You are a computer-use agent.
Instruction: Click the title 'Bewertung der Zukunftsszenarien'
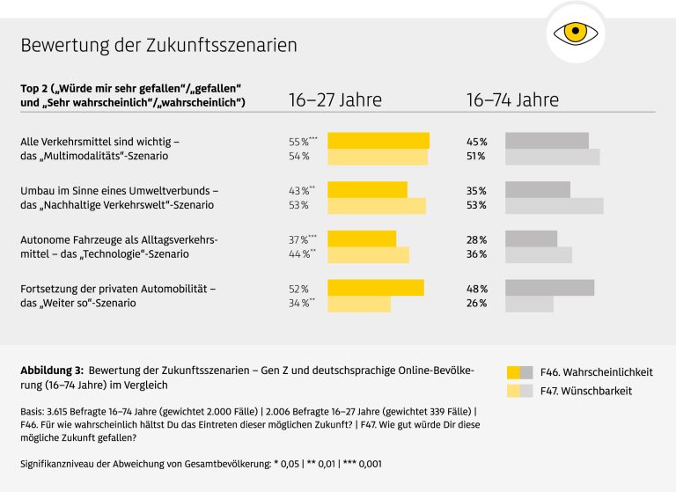(x=158, y=45)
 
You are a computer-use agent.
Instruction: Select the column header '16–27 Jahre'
(x=335, y=99)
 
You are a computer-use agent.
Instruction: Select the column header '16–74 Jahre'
(x=512, y=99)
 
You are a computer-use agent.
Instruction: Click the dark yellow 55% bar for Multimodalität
(x=378, y=141)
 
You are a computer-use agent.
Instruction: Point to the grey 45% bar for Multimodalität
(x=547, y=141)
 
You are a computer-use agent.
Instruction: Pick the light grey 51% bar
(x=552, y=157)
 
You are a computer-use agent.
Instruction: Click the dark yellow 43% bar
(x=367, y=190)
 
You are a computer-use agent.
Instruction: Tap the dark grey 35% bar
(x=537, y=190)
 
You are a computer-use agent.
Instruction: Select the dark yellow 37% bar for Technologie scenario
(x=362, y=239)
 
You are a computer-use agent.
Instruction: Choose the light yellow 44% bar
(x=368, y=254)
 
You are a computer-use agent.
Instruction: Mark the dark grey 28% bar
(x=531, y=239)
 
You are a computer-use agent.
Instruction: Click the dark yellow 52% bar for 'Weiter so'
(x=376, y=288)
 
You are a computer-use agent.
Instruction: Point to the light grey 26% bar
(x=529, y=304)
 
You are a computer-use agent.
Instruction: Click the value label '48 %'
(x=476, y=289)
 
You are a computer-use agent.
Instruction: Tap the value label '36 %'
(x=476, y=255)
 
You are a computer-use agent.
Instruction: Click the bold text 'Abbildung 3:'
(x=52, y=371)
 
